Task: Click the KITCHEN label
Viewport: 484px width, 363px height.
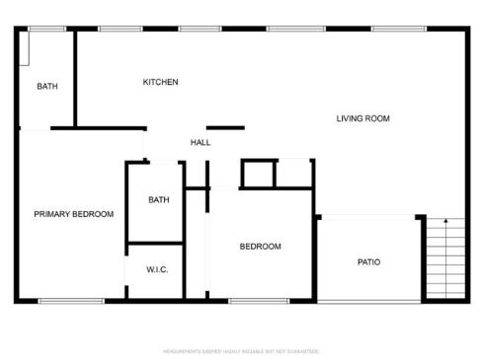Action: [160, 82]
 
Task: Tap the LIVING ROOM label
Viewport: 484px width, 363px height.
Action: [363, 118]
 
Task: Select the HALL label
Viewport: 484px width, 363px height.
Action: [201, 143]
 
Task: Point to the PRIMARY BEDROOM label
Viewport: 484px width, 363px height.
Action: [73, 214]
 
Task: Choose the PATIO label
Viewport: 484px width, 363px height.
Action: [368, 262]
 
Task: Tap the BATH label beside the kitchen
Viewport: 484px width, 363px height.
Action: [47, 87]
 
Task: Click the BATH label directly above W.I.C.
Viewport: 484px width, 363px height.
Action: [158, 200]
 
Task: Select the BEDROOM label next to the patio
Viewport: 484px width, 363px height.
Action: [261, 247]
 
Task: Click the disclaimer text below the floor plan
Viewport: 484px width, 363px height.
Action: [241, 350]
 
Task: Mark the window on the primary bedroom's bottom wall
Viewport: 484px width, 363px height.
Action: [71, 301]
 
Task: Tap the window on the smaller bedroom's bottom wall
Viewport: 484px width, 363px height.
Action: [258, 301]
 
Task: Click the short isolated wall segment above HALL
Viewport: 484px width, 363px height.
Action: [225, 127]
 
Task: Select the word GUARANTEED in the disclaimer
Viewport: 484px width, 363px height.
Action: [306, 350]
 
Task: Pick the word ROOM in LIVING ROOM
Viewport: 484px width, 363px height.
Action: [377, 118]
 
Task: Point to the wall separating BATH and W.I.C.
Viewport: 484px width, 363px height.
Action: [155, 243]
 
